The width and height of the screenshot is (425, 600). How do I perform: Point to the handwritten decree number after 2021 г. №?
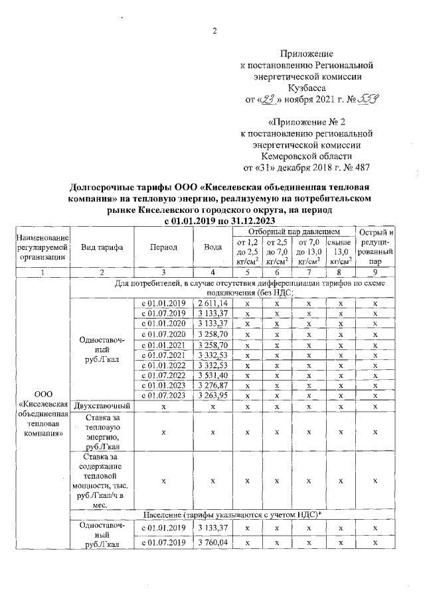368,99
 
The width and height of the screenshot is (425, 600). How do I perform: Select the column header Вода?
212,247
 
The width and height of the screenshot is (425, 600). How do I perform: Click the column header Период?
163,247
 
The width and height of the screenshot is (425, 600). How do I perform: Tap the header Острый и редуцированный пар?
375,247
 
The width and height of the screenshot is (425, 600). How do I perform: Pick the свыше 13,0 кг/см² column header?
341,251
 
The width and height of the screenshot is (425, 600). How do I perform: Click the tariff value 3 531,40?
212,377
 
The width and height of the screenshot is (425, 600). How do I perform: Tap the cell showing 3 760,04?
212,543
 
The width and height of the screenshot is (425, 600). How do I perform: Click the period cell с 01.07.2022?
163,377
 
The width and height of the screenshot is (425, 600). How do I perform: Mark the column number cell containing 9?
375,272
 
